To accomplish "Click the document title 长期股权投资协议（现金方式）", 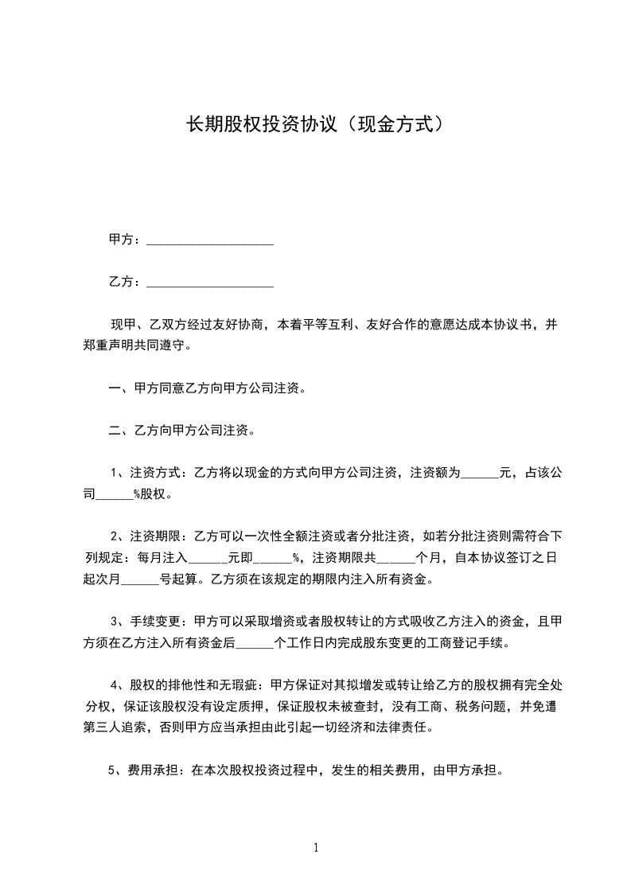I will point(315,124).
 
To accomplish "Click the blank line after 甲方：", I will point(210,241).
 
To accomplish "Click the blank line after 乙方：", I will point(210,283).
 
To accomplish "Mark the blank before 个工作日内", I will point(254,642).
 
